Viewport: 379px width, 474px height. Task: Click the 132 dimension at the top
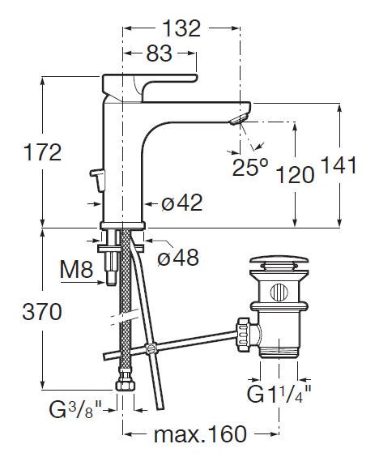tap(181, 28)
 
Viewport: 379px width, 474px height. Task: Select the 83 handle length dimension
tap(160, 53)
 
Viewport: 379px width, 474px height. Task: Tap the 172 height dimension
tap(42, 152)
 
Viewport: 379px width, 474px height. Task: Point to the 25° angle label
tap(250, 167)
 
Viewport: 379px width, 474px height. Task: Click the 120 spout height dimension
tap(296, 175)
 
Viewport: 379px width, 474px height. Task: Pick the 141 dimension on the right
tap(339, 165)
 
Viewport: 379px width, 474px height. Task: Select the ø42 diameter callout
tap(181, 203)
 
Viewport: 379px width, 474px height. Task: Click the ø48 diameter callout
tap(178, 258)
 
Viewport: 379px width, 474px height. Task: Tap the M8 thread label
tap(76, 269)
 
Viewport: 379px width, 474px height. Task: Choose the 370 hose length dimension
tap(42, 312)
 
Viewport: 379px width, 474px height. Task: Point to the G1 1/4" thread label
tap(279, 394)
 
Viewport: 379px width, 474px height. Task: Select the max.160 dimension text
tap(200, 434)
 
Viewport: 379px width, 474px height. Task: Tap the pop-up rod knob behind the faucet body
tap(97, 180)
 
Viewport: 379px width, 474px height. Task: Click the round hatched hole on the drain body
tap(279, 293)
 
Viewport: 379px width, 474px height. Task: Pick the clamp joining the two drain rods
tap(151, 349)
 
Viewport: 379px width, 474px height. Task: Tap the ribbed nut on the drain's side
tap(243, 335)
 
